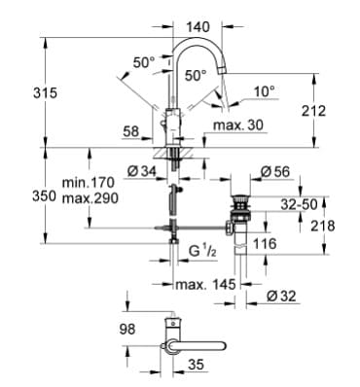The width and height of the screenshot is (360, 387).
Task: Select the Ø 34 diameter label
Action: pyautogui.click(x=142, y=173)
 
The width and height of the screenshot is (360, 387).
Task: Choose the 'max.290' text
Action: pyautogui.click(x=88, y=197)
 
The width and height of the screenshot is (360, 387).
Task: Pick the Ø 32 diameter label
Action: pyautogui.click(x=283, y=297)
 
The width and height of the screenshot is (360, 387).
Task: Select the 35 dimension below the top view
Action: pyautogui.click(x=195, y=368)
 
